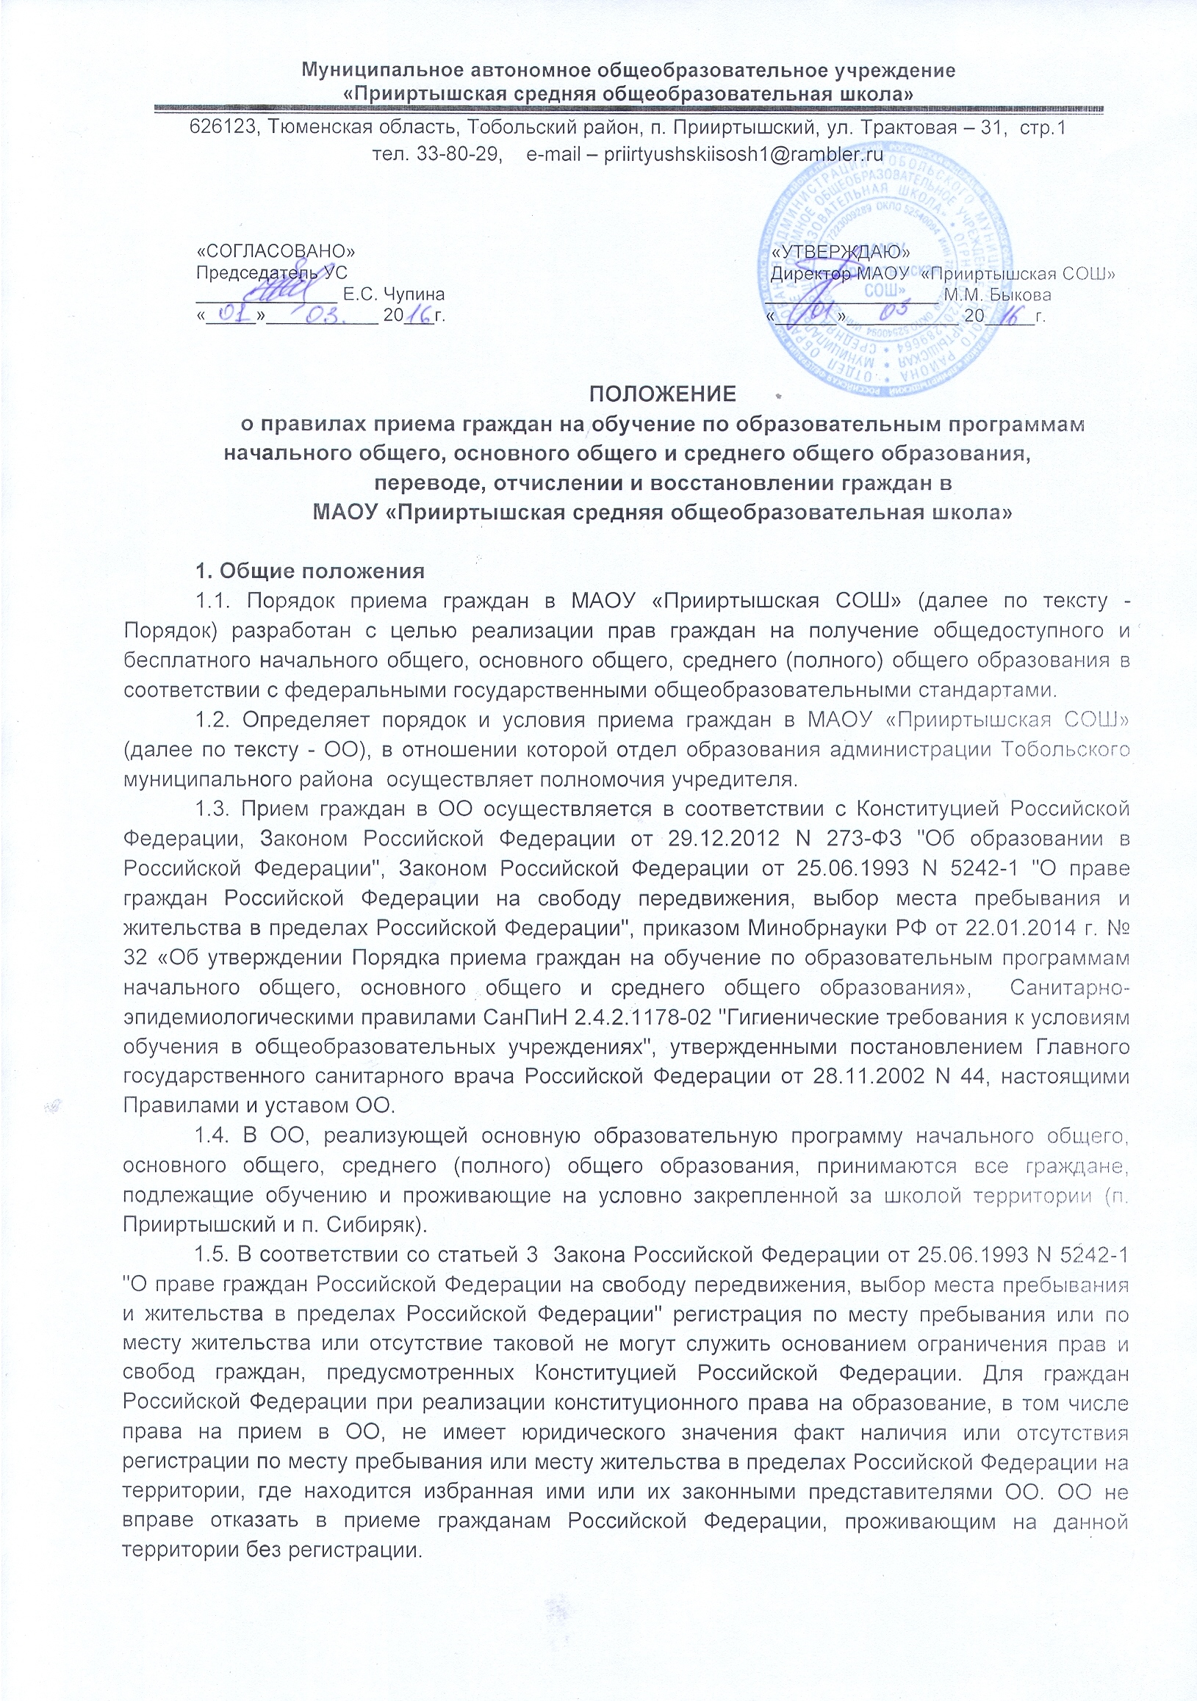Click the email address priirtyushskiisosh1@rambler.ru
[744, 155]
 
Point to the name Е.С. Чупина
[394, 295]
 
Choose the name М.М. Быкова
[997, 295]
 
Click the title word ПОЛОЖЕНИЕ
[662, 394]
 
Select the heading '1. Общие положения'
[310, 571]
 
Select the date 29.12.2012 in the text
[723, 838]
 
